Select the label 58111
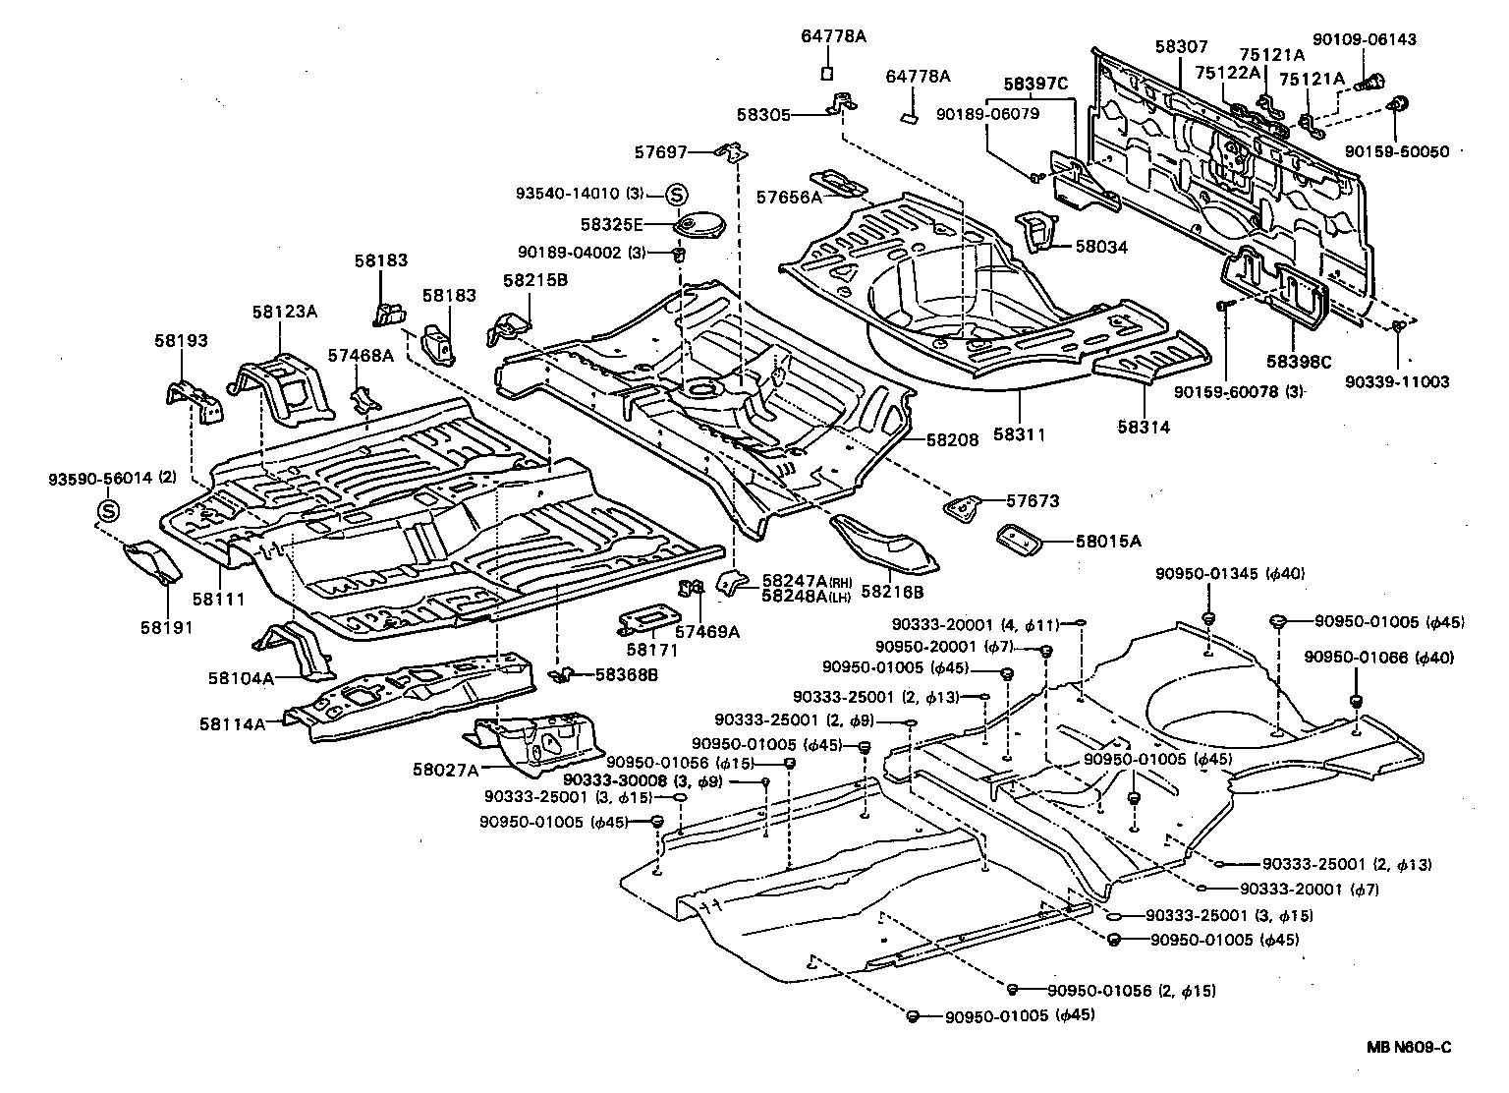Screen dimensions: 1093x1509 coord(218,599)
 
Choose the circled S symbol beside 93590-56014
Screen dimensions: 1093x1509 coord(108,511)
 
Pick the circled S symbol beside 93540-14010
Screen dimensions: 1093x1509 coord(677,194)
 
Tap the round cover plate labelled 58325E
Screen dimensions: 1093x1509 coord(699,225)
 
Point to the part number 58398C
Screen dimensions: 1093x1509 coord(1298,362)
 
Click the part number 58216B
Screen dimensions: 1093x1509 coord(892,592)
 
